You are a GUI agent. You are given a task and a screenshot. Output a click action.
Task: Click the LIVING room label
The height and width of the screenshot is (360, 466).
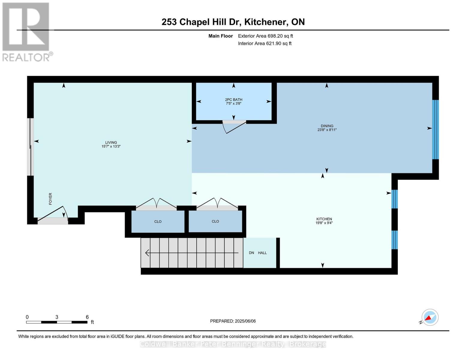(x=111, y=142)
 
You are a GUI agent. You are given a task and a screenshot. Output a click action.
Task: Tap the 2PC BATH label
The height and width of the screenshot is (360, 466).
(x=233, y=100)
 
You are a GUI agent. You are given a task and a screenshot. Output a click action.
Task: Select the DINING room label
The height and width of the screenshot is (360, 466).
(x=327, y=126)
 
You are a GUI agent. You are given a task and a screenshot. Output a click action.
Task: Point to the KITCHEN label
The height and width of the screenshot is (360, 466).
(x=324, y=219)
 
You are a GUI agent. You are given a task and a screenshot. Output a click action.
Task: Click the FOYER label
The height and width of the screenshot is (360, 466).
(x=50, y=199)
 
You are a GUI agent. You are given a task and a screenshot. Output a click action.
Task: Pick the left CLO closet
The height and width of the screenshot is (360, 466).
(x=158, y=222)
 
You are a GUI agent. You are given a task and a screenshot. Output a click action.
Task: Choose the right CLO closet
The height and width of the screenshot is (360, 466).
(x=215, y=221)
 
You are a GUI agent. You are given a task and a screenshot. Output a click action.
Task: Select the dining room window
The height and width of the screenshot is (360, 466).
(x=435, y=129)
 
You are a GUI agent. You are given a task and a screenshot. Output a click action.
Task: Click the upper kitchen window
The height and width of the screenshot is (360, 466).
(x=395, y=199)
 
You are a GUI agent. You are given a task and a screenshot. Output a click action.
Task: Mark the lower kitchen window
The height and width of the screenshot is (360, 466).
(x=395, y=240)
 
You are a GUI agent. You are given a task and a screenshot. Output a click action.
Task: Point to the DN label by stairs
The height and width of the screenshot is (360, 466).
(x=251, y=253)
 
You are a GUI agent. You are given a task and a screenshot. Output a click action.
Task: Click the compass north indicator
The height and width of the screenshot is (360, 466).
(x=430, y=317)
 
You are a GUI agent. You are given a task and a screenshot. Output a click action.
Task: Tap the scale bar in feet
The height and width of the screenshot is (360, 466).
(x=57, y=322)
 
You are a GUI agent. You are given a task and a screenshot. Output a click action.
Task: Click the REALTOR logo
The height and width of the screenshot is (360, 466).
(x=26, y=32)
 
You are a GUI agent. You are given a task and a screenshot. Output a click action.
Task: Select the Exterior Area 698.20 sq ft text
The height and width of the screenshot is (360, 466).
(x=265, y=36)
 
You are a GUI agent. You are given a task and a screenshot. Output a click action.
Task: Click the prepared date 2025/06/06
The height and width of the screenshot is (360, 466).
(x=233, y=321)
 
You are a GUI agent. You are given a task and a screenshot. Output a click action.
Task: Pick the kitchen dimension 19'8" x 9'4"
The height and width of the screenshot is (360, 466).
(x=324, y=223)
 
